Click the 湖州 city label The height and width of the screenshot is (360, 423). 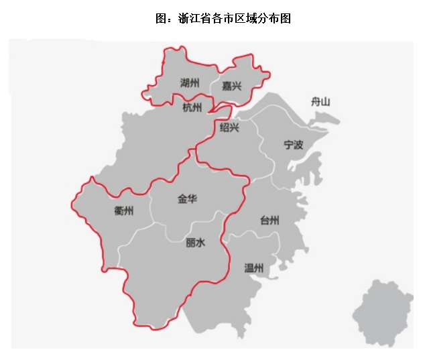190,83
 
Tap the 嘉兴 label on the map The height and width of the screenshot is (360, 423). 231,85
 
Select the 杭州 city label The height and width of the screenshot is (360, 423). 192,107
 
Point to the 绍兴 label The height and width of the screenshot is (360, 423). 229,127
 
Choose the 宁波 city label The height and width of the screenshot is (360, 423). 293,144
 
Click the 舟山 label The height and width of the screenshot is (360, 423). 320,102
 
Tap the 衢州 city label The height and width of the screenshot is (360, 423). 124,211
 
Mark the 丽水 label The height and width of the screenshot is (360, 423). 195,243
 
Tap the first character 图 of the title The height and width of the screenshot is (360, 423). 160,19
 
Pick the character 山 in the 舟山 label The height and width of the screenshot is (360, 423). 326,102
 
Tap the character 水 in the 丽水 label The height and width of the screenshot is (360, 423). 200,243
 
